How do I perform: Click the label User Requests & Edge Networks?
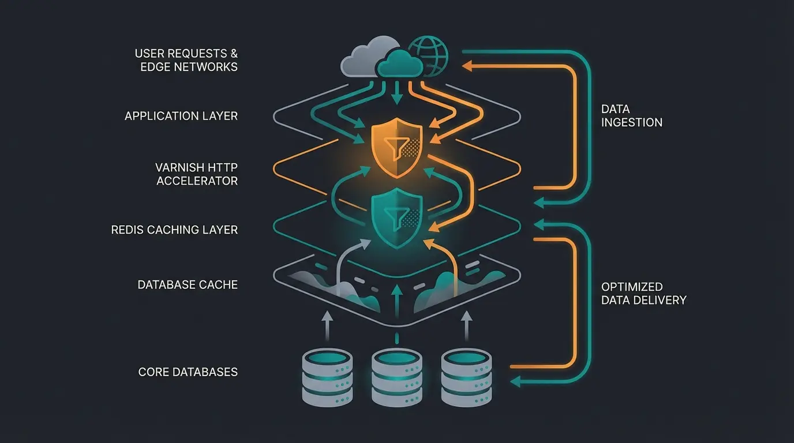(x=186, y=60)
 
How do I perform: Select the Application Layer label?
(x=181, y=116)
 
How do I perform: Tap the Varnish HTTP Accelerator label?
(x=196, y=174)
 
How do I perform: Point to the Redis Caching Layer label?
(x=174, y=230)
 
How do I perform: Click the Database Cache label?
(x=188, y=284)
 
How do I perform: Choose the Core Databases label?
(x=188, y=371)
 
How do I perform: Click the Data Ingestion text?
(x=631, y=115)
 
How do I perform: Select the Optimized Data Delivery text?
(x=643, y=293)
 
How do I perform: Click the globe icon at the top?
(x=428, y=56)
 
